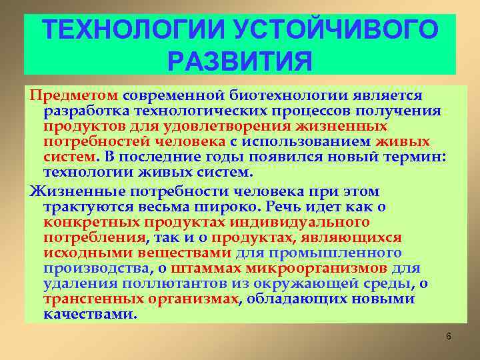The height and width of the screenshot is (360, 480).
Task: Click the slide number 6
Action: tap(449, 336)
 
